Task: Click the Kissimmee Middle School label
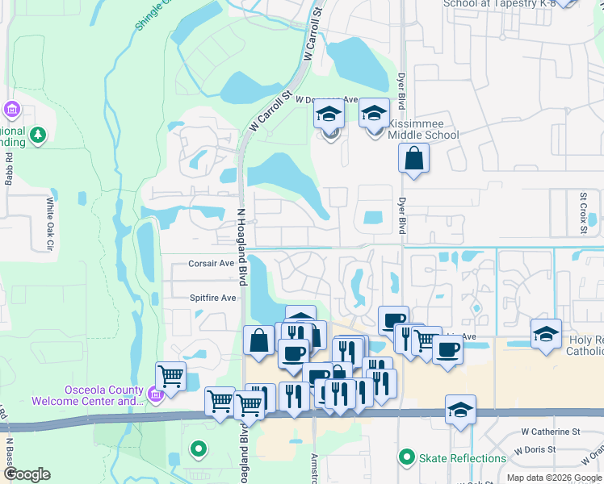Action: coord(422,128)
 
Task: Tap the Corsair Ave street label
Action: coord(211,263)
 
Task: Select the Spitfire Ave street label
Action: coord(212,298)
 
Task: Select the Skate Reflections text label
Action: coord(463,458)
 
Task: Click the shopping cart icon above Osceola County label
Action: coord(170,375)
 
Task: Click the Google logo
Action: coord(27,474)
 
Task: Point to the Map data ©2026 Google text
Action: coord(553,478)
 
